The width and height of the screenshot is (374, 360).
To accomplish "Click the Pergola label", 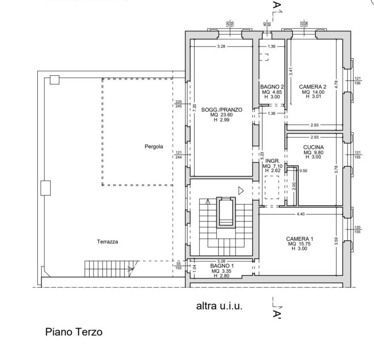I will pyautogui.click(x=153, y=147).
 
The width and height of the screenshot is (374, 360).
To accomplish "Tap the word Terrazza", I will pyautogui.click(x=107, y=241).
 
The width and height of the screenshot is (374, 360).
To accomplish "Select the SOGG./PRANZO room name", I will pyautogui.click(x=222, y=110).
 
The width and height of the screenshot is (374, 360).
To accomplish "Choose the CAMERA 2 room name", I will pyautogui.click(x=312, y=87).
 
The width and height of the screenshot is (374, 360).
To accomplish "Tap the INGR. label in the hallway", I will pyautogui.click(x=273, y=161).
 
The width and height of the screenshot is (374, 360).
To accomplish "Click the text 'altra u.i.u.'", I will pyautogui.click(x=219, y=306).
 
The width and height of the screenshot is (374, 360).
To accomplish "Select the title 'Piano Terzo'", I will pyautogui.click(x=74, y=332).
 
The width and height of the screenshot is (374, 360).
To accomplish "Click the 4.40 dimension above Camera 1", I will pyautogui.click(x=300, y=214).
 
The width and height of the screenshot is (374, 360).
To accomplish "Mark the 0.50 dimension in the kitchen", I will pyautogui.click(x=303, y=170).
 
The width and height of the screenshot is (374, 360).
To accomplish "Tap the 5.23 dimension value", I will pyautogui.click(x=262, y=156).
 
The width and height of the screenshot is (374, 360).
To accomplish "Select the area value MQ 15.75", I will pyautogui.click(x=300, y=244).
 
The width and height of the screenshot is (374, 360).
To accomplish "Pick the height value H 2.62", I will pyautogui.click(x=273, y=170).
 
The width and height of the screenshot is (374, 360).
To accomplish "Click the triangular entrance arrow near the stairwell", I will pyautogui.click(x=241, y=190).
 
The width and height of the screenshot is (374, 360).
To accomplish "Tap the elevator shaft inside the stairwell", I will pyautogui.click(x=226, y=212).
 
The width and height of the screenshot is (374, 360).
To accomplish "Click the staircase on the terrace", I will pyautogui.click(x=109, y=268).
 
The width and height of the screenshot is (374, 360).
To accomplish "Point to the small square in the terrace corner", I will pyautogui.click(x=54, y=80).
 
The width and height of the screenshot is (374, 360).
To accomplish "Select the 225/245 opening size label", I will pyautogui.click(x=179, y=104).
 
